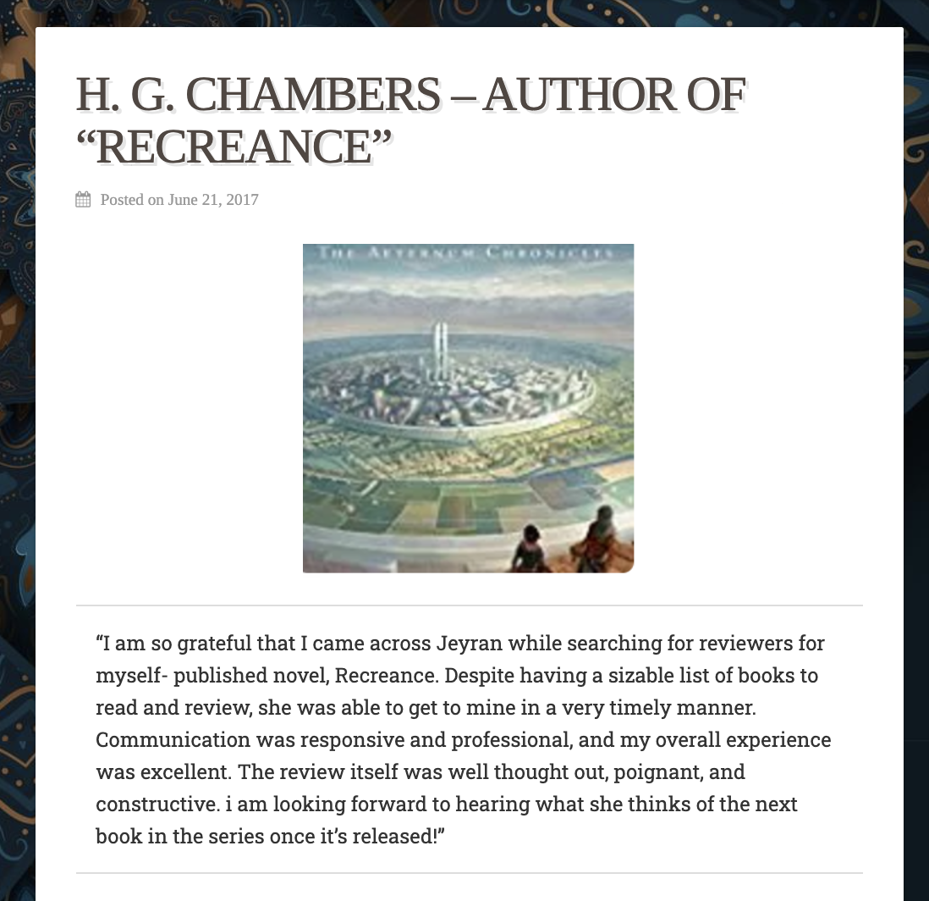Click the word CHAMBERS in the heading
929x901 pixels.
[313, 94]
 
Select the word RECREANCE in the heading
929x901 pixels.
[234, 146]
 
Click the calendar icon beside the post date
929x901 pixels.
[83, 200]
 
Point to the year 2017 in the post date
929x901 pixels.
[242, 200]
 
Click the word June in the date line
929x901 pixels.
[183, 200]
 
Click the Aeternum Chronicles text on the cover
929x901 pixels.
[468, 252]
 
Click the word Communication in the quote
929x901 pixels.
[173, 739]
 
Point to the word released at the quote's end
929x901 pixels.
[392, 836]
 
